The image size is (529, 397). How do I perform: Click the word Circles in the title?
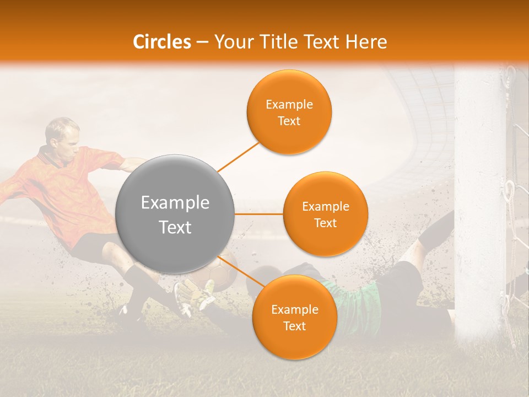[162, 42]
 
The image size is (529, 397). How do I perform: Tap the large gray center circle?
[175, 214]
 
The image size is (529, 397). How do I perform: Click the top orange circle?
[289, 112]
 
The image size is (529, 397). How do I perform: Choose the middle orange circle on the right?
[325, 214]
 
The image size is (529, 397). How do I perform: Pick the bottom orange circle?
[294, 317]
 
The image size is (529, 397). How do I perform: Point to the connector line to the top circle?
[237, 157]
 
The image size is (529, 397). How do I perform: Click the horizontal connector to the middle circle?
[259, 214]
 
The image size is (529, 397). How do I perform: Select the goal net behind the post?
[518, 165]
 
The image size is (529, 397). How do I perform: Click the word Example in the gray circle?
[175, 203]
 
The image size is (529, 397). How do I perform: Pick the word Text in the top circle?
[289, 121]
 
